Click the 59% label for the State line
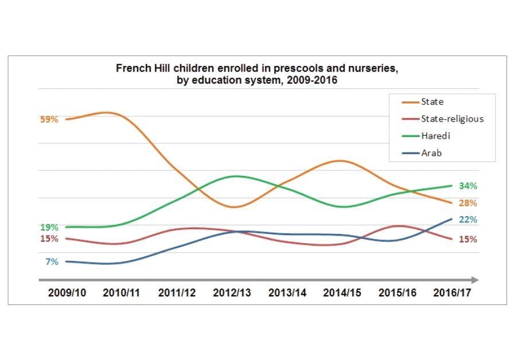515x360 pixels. coord(49,120)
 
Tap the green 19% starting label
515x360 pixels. coord(49,227)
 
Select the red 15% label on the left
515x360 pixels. coord(49,238)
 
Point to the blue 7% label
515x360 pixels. coord(52,262)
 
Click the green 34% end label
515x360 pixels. coord(468,186)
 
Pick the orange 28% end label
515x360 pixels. coord(468,203)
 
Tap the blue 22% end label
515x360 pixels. coord(468,220)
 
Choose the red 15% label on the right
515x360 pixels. coord(468,239)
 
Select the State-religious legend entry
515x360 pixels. coord(452,119)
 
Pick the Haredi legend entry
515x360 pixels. coord(435,136)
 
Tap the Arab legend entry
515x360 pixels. coord(431,153)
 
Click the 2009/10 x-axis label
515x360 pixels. coord(67,292)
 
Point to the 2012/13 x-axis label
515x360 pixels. coord(232,292)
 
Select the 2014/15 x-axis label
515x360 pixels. coord(342,292)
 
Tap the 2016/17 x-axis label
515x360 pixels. coord(452,292)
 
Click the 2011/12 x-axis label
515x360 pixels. coord(177,292)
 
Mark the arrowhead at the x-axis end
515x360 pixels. coord(475,280)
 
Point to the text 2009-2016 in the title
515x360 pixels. coord(314,80)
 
